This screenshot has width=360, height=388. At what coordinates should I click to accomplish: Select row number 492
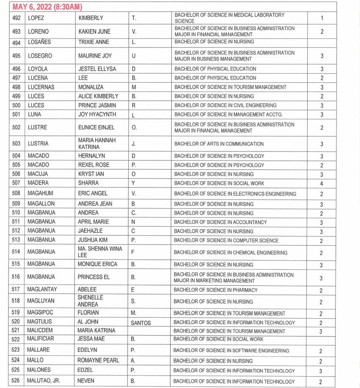(x=16, y=18)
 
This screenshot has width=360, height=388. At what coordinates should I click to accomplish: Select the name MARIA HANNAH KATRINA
(x=97, y=143)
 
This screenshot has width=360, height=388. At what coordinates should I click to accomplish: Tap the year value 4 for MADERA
(x=322, y=184)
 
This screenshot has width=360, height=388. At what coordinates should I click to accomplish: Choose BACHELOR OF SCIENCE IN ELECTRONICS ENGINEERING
(x=235, y=194)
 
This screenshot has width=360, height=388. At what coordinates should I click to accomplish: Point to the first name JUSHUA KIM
(x=93, y=240)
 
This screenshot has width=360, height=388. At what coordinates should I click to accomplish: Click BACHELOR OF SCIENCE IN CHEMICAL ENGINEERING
(x=230, y=253)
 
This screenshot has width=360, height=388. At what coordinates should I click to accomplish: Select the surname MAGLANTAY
(x=42, y=290)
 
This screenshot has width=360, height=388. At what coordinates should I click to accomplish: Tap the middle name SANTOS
(x=141, y=323)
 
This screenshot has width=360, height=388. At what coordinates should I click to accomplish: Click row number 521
(x=16, y=330)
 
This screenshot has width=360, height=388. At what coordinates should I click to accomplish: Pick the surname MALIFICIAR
(x=41, y=339)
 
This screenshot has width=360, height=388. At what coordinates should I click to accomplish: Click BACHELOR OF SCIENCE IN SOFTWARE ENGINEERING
(x=231, y=351)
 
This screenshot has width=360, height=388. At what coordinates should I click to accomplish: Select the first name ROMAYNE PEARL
(x=98, y=360)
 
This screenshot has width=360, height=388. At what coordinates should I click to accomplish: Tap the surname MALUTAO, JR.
(x=44, y=381)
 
